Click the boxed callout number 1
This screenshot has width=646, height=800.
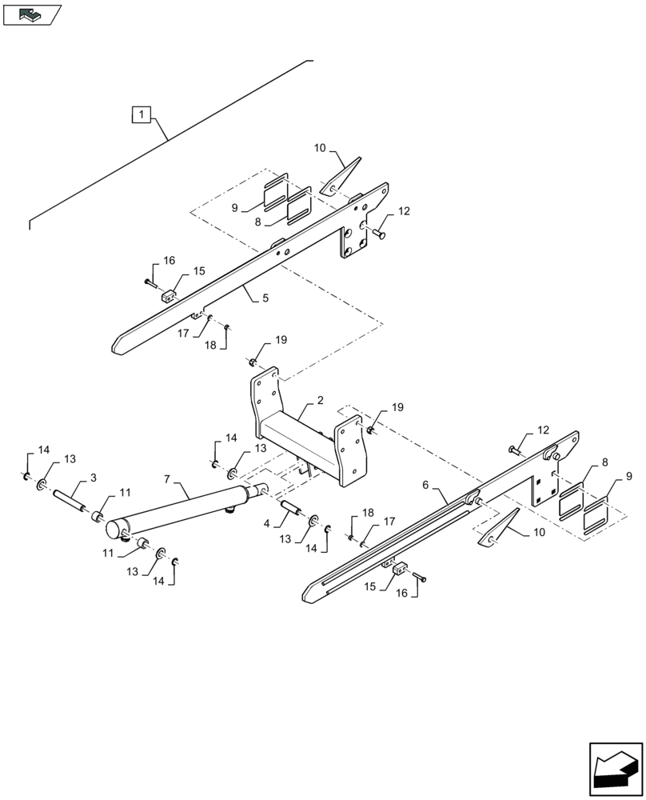[141, 115]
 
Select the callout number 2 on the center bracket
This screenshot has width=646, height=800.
[297, 400]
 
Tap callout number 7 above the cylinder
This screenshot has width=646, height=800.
[167, 479]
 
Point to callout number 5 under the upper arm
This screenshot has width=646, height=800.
[265, 298]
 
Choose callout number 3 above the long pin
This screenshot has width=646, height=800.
[94, 478]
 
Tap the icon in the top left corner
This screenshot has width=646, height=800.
[32, 14]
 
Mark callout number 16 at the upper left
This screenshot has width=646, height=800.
[169, 261]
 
